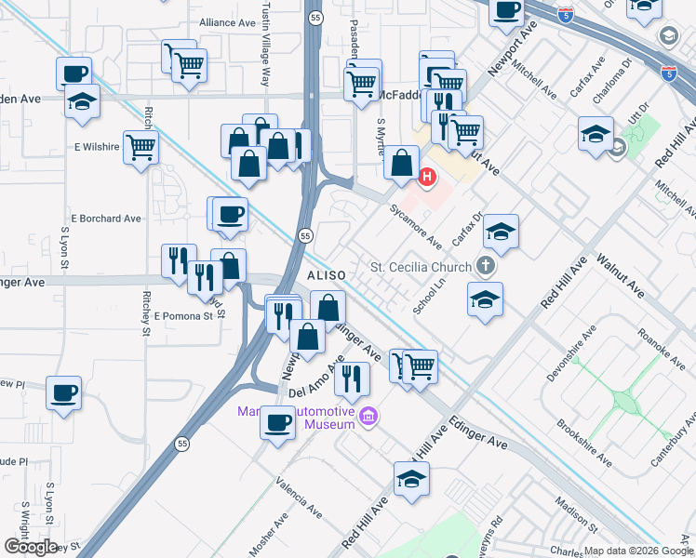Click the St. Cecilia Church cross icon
pyautogui.click(x=485, y=267)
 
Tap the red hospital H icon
pyautogui.click(x=428, y=176)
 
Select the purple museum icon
pyautogui.click(x=369, y=415)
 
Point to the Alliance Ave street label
pyautogui.click(x=227, y=21)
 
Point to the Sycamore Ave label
pyautogui.click(x=415, y=228)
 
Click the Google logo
pyautogui.click(x=31, y=547)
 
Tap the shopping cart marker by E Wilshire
pyautogui.click(x=141, y=147)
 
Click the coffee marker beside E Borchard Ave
pyautogui.click(x=230, y=214)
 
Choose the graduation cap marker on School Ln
pyautogui.click(x=485, y=299)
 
